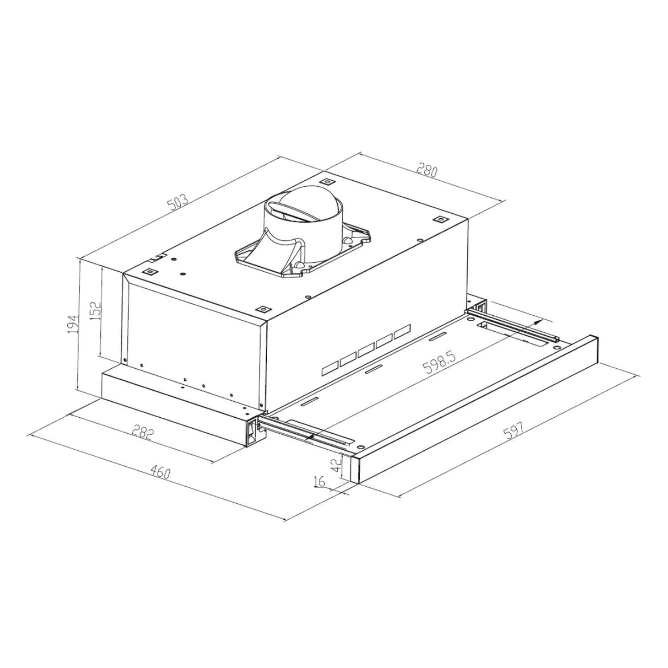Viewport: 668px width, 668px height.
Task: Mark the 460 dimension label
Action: [x=160, y=472]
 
